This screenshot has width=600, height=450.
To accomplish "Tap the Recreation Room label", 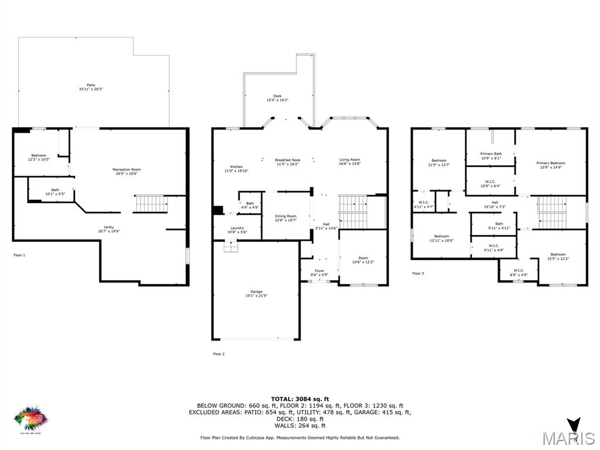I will (127, 172).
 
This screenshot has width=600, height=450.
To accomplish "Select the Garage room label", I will (256, 294).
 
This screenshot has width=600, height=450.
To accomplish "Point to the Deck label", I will (277, 98).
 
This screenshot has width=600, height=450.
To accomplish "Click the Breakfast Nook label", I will (287, 162).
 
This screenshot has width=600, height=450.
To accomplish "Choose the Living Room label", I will (349, 162).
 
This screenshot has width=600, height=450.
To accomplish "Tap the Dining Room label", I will (285, 218).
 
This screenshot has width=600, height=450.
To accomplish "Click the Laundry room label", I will (237, 230).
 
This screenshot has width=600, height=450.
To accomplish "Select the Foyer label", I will (319, 272).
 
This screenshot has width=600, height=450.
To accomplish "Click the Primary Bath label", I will (490, 156).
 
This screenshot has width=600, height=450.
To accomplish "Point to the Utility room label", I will (108, 229).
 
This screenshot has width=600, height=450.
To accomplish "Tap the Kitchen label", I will (236, 169).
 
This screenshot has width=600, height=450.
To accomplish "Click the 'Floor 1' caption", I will (19, 255).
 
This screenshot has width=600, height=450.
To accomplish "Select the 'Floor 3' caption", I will (418, 273).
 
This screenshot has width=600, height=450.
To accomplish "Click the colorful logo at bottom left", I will (30, 418).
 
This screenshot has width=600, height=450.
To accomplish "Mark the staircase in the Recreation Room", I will (151, 204).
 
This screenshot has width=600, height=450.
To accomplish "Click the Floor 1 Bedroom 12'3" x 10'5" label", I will (39, 157).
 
